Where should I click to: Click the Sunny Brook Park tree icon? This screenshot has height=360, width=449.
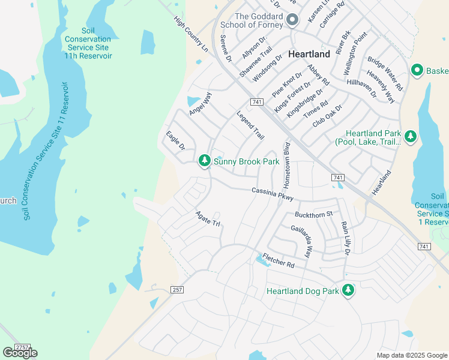click(205, 161)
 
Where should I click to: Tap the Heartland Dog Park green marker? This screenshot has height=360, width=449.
click(348, 291)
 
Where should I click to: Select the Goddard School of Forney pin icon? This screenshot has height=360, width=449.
click(292, 20)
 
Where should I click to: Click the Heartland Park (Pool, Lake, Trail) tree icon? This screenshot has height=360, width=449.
click(411, 137)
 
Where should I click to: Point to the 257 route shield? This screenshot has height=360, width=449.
click(176, 290)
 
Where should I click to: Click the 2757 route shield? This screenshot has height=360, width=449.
click(22, 347)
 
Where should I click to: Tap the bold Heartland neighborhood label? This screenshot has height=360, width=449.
click(309, 54)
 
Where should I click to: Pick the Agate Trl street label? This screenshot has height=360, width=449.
click(208, 218)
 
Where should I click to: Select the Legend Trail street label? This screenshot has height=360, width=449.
click(250, 125)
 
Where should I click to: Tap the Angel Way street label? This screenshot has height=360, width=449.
click(200, 103)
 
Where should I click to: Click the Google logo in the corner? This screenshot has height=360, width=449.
click(20, 353)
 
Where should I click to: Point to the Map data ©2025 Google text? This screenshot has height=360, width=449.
click(411, 355)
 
